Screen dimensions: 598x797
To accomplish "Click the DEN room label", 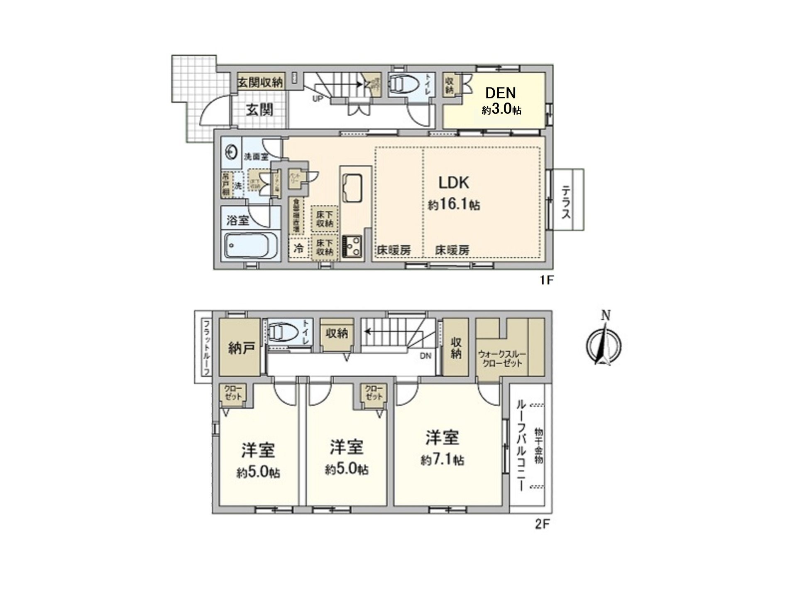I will (501, 92).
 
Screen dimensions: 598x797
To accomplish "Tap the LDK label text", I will (454, 182).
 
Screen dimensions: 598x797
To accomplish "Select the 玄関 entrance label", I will (259, 110).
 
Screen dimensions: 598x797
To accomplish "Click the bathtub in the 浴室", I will (251, 245).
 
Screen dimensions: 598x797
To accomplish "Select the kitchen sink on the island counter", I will (352, 188).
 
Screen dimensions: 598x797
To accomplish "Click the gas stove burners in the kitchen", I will (352, 247).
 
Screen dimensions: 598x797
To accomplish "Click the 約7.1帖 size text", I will (443, 460).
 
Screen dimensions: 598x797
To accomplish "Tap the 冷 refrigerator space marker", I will (298, 248).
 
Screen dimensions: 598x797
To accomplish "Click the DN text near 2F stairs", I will (425, 355).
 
